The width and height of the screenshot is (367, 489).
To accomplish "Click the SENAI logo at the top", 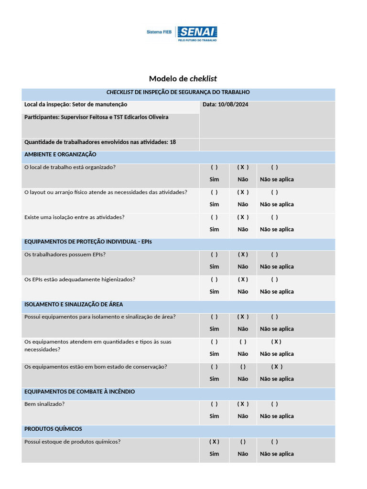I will point(197,33).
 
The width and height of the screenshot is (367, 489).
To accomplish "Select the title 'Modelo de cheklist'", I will point(183,79).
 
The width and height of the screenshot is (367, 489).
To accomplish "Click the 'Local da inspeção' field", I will point(76,105).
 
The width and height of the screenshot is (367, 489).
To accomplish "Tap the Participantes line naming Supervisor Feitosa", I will point(96,117).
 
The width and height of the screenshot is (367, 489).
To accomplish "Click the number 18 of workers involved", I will point(173,142).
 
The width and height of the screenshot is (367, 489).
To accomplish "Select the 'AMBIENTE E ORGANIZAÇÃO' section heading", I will point(60,155).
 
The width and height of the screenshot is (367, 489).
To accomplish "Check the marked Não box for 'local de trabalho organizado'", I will point(243,168).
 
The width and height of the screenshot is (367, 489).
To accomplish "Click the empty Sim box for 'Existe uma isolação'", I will point(214,217).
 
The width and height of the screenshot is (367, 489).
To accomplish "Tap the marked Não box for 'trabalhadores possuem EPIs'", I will point(243,255).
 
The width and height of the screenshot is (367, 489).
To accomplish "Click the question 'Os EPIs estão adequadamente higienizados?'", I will point(79,279).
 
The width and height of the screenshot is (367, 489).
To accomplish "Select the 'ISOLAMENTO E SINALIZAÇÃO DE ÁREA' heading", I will point(74,305).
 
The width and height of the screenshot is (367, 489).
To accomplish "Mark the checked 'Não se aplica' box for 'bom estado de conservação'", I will point(276,367).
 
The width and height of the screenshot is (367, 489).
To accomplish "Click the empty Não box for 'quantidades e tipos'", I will point(243,342).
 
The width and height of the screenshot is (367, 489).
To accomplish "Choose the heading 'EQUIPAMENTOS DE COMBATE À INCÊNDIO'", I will point(79,392).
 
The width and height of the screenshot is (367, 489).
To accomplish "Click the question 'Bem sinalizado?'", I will point(44,404).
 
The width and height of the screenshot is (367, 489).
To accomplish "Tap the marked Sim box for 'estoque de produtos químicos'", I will point(214,442).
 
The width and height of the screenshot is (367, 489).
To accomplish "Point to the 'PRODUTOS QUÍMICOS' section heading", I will point(53,429).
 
